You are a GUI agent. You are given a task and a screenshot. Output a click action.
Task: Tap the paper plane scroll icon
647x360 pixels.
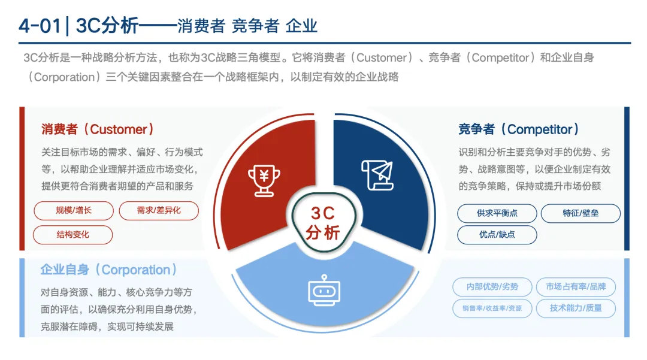tap(377, 176)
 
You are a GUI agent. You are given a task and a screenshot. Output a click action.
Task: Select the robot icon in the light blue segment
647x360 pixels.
tap(323, 290)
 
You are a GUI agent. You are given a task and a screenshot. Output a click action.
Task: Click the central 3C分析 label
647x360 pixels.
tap(323, 222)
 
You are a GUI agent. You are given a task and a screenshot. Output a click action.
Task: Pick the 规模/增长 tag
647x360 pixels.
tap(72, 210)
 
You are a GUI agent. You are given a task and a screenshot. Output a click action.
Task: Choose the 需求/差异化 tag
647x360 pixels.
tap(159, 210)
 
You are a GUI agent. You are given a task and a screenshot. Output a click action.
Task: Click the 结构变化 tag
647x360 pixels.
tap(72, 234)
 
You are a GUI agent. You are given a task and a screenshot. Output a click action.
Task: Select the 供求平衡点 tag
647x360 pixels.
tap(497, 213)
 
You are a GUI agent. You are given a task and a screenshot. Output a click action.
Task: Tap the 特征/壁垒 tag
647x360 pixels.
tap(581, 213)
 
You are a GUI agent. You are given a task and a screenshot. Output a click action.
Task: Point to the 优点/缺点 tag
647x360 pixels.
tap(497, 234)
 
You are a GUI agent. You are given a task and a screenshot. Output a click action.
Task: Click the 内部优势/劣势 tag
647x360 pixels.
tap(492, 287)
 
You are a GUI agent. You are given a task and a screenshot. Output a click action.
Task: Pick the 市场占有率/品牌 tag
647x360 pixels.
tap(575, 287)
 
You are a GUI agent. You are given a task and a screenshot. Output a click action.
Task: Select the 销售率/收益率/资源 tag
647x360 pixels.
tap(492, 308)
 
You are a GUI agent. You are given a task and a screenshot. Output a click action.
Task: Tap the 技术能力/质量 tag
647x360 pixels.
tap(575, 308)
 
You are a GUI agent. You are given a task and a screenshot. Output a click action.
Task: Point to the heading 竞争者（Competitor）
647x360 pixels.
tap(519, 129)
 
